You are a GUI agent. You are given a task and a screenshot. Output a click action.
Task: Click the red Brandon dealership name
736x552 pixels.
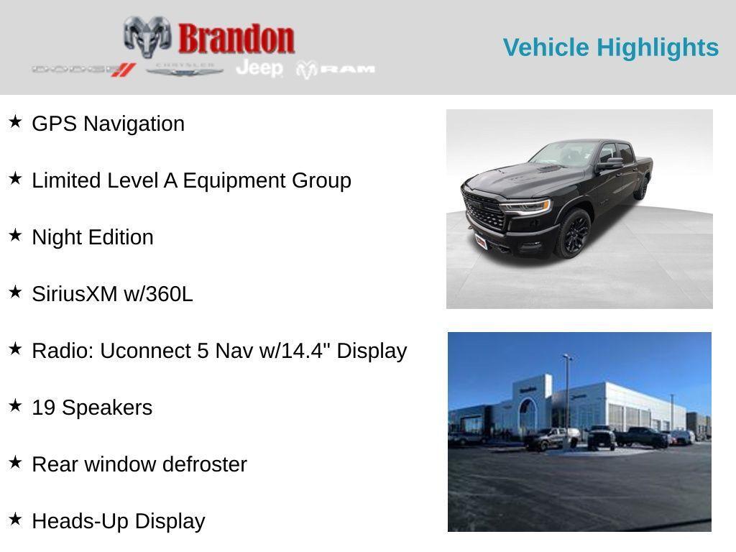tap(236, 39)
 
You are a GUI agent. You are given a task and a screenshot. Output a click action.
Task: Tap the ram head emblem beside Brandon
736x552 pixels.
tap(147, 37)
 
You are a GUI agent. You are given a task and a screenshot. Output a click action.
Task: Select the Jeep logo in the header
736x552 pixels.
tap(259, 68)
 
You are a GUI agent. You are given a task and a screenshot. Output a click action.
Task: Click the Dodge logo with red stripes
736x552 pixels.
tap(84, 70)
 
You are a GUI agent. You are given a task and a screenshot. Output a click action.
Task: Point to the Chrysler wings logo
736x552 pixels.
tap(185, 70)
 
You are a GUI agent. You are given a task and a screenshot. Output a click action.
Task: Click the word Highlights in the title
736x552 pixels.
tap(658, 47)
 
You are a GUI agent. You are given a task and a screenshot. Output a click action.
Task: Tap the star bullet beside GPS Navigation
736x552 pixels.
tap(15, 121)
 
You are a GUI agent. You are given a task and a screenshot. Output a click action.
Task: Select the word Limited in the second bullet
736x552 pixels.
tap(63, 180)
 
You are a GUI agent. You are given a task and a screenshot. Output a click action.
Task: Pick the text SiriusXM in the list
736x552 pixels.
tap(75, 294)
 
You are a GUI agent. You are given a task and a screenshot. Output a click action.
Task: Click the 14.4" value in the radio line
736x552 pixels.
tap(305, 351)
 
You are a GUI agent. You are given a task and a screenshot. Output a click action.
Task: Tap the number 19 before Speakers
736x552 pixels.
tap(44, 408)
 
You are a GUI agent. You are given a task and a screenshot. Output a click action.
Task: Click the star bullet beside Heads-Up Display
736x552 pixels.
tap(15, 519)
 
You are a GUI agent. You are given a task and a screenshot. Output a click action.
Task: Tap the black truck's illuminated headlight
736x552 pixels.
tap(526, 206)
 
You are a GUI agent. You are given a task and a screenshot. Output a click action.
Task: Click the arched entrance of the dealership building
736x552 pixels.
tap(527, 415)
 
